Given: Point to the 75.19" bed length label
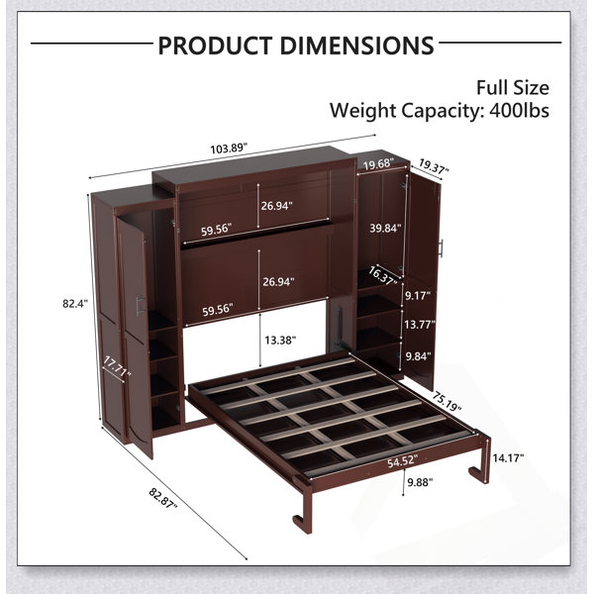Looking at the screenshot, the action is click(x=447, y=402).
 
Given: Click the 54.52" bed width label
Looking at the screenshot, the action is click(x=402, y=462).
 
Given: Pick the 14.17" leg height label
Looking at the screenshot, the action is click(x=508, y=458).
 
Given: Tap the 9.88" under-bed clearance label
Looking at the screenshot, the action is click(x=420, y=482).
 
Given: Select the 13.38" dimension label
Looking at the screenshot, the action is click(x=280, y=340).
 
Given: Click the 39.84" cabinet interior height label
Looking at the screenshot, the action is click(x=385, y=228).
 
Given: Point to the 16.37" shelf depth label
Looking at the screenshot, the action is click(x=383, y=275).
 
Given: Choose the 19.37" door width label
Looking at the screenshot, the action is click(x=434, y=166).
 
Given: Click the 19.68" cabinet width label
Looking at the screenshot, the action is click(x=378, y=163).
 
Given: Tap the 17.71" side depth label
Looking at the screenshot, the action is click(x=117, y=366).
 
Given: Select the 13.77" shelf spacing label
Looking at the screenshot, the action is click(x=420, y=324).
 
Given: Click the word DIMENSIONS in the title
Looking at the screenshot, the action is click(x=356, y=46).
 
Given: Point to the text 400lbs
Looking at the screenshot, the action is click(x=519, y=111).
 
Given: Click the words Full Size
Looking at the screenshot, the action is click(x=513, y=88).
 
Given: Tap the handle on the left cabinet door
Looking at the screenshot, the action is click(x=141, y=305).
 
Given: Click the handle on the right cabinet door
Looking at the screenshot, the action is click(x=441, y=248).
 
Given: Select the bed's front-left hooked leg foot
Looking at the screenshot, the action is click(x=302, y=523).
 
